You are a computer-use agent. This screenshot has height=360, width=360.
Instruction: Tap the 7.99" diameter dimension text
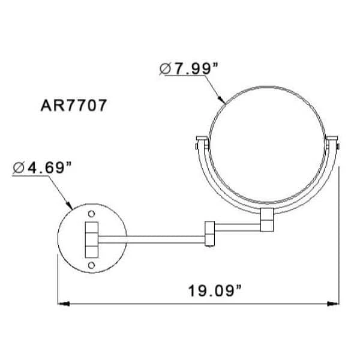coord(193,69)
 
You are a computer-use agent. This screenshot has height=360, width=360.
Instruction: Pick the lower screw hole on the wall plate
coord(91,264)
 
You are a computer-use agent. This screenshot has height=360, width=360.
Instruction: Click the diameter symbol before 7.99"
coord(166,70)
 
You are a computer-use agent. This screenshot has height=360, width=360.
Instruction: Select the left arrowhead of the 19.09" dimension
coord(62,304)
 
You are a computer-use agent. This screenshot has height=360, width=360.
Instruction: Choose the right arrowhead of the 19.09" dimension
coord(335,304)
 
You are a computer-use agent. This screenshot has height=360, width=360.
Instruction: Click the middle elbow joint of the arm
coord(210,235)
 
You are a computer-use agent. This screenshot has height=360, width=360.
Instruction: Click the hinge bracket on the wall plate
coord(91,239)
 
